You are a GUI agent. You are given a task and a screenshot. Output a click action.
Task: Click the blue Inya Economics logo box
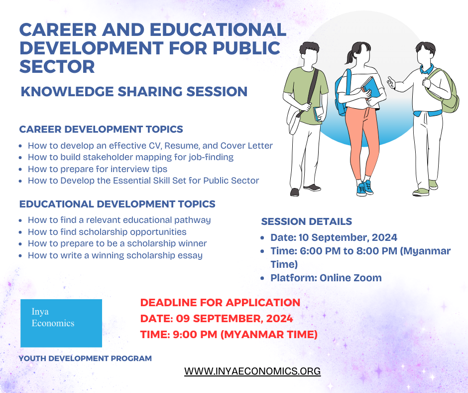pyautogui.click(x=61, y=323)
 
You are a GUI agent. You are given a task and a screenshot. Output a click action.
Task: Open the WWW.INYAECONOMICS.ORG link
pyautogui.click(x=252, y=371)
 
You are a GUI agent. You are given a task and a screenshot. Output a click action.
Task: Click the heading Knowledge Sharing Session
pyautogui.click(x=134, y=92)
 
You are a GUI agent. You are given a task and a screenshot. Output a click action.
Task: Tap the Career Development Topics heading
pyautogui.click(x=101, y=129)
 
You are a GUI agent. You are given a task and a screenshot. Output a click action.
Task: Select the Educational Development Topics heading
pyautogui.click(x=117, y=204)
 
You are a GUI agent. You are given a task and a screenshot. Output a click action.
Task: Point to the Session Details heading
pyautogui.click(x=307, y=221)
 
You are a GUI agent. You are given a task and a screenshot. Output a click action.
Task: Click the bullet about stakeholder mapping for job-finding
pyautogui.click(x=131, y=157)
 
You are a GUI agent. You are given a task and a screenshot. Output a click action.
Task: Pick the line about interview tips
pyautogui.click(x=98, y=169)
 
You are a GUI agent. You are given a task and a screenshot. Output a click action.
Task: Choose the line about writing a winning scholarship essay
pyautogui.click(x=115, y=255)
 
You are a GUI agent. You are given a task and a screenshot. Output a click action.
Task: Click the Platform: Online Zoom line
pyautogui.click(x=326, y=278)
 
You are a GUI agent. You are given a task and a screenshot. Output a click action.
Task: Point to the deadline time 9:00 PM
pyautogui.click(x=195, y=334)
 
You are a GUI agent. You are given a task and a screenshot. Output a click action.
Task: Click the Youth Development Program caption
pyautogui.click(x=85, y=358)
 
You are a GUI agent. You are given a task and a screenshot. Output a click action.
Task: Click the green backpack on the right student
pyautogui.click(x=443, y=91)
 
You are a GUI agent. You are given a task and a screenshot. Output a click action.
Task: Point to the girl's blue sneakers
pyautogui.click(x=364, y=188)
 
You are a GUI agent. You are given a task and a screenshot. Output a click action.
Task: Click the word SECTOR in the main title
pyautogui.click(x=57, y=66)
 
